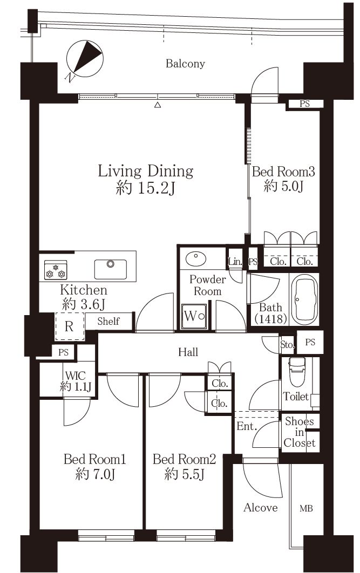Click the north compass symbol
point(84,59)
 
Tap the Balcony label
point(185,64)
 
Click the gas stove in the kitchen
point(56,270)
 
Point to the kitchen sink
point(111,269)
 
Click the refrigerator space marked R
point(70,326)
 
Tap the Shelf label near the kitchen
point(108,321)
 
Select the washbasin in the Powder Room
point(195,258)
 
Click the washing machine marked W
point(194,316)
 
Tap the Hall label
point(188,352)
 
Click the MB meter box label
point(306,508)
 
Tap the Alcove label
point(260,508)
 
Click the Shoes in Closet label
point(300,432)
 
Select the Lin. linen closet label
point(235,262)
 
